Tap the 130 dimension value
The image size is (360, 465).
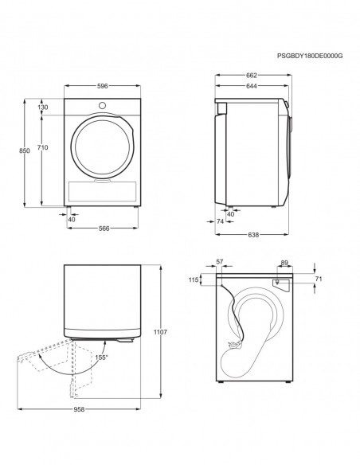(x=43, y=107)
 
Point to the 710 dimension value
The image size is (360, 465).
(x=43, y=148)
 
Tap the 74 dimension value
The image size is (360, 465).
(x=221, y=222)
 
